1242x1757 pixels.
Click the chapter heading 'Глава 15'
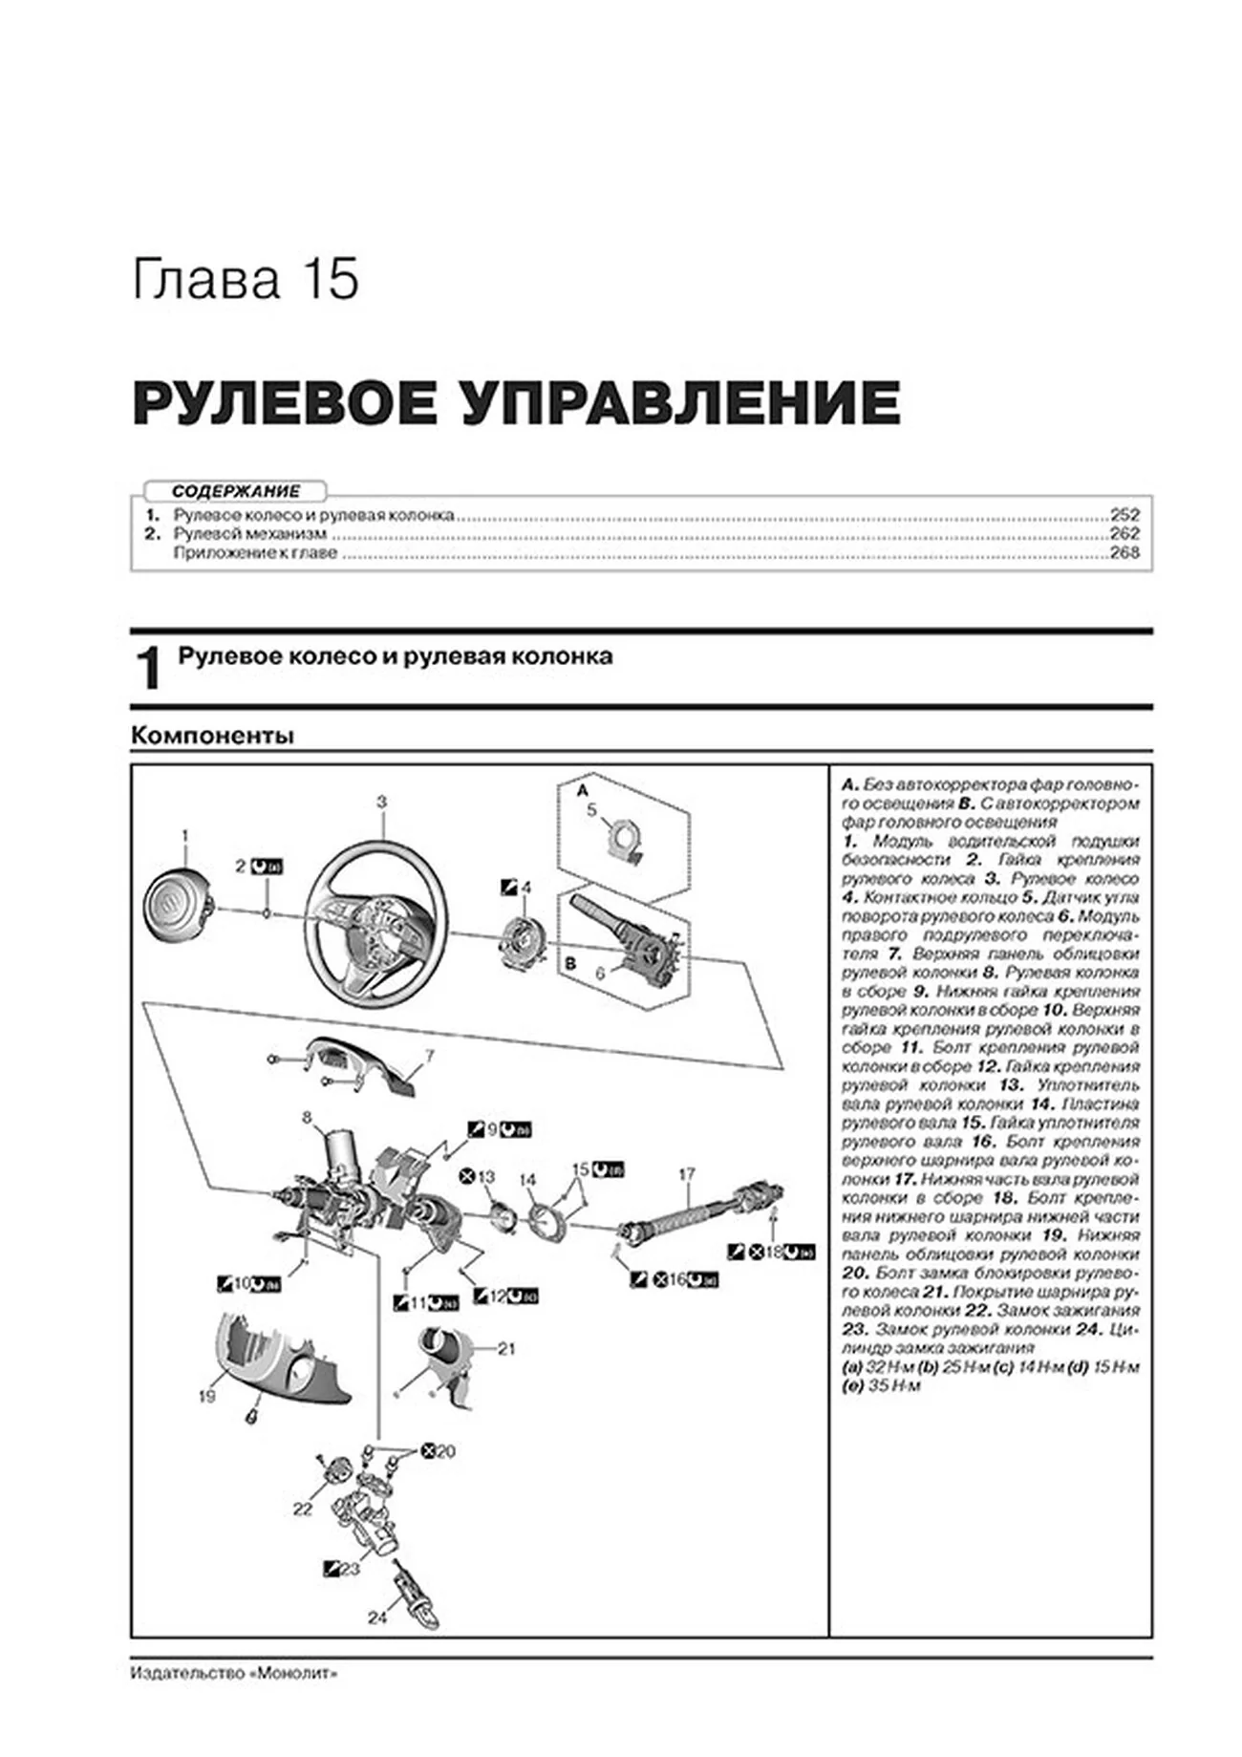[x=246, y=280]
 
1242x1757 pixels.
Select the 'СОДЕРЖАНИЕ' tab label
[x=235, y=491]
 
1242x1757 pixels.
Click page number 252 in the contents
[x=1124, y=515]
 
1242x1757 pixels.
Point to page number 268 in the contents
[x=1124, y=552]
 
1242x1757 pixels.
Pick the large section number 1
[x=148, y=669]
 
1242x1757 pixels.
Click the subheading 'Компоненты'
[x=212, y=736]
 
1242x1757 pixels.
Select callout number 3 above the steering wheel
[x=381, y=803]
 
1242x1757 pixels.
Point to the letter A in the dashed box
[x=583, y=791]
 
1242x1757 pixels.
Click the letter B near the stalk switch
[x=570, y=964]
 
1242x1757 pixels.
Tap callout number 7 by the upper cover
[x=430, y=1057]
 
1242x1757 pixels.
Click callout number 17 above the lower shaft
[x=687, y=1174]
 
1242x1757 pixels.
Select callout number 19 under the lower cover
[x=206, y=1397]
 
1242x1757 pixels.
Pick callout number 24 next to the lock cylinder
[x=377, y=1618]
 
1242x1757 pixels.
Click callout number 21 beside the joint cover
[x=506, y=1349]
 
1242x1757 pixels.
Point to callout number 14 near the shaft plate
[x=527, y=1181]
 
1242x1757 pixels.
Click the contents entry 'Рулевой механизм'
[x=250, y=534]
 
